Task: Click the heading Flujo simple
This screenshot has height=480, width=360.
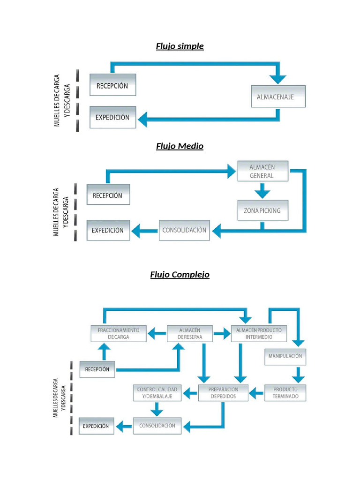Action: point(180,46)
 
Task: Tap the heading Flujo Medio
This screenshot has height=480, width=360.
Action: point(180,146)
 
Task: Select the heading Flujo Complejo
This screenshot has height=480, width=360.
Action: point(180,274)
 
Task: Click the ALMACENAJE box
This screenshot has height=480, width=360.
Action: point(278,97)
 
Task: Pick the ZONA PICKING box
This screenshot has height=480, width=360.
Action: point(262,210)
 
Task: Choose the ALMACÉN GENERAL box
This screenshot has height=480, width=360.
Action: point(262,172)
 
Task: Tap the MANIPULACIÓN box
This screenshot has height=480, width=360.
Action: point(285,356)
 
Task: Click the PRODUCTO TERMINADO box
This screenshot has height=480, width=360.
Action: point(285,393)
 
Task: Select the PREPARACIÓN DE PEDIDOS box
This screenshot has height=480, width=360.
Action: point(224,393)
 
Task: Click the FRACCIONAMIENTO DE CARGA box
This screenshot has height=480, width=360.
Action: point(118,333)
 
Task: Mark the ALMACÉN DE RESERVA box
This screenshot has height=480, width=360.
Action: point(189,333)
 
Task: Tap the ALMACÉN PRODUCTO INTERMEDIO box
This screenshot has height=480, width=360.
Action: point(259,333)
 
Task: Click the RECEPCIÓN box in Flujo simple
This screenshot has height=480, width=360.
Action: point(112,85)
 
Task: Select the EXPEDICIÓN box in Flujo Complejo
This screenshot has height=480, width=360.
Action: point(96,426)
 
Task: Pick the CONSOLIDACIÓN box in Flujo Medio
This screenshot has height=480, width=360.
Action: point(184,230)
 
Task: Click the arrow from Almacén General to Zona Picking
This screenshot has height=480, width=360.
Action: point(262,191)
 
